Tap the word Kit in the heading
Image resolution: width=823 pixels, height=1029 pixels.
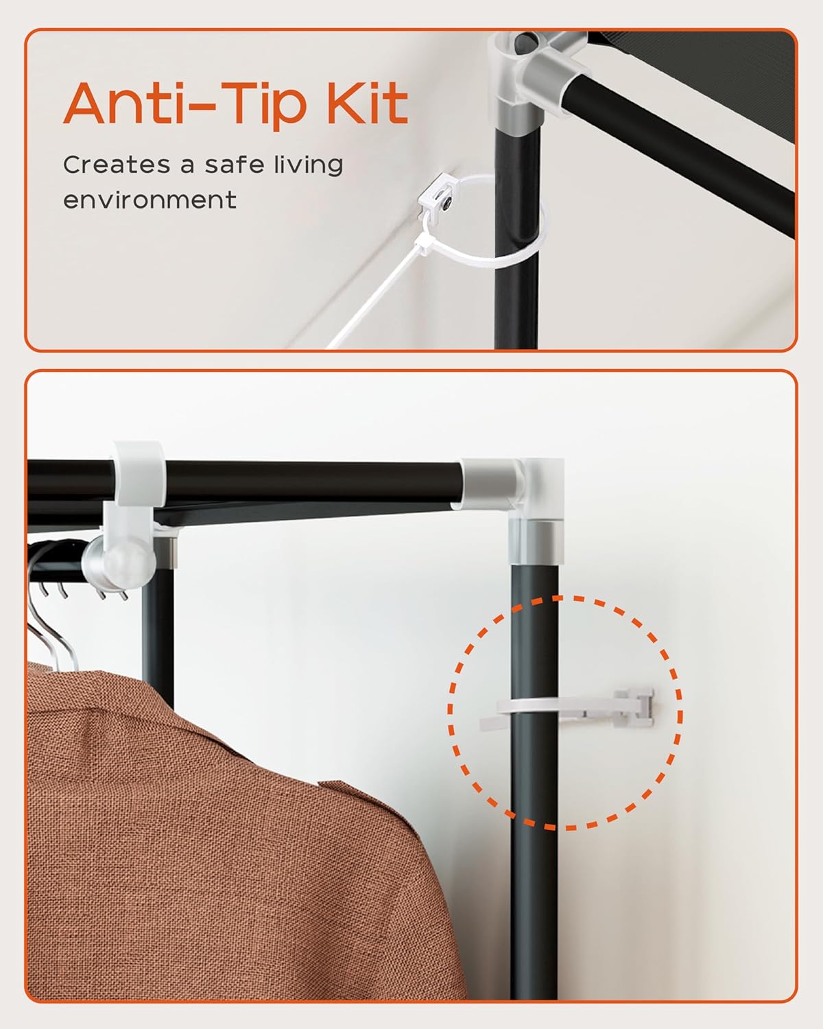(367, 103)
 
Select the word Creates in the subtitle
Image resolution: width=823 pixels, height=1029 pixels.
(116, 165)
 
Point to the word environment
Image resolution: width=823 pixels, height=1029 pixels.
(150, 200)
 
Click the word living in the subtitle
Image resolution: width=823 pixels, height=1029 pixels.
(309, 166)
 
